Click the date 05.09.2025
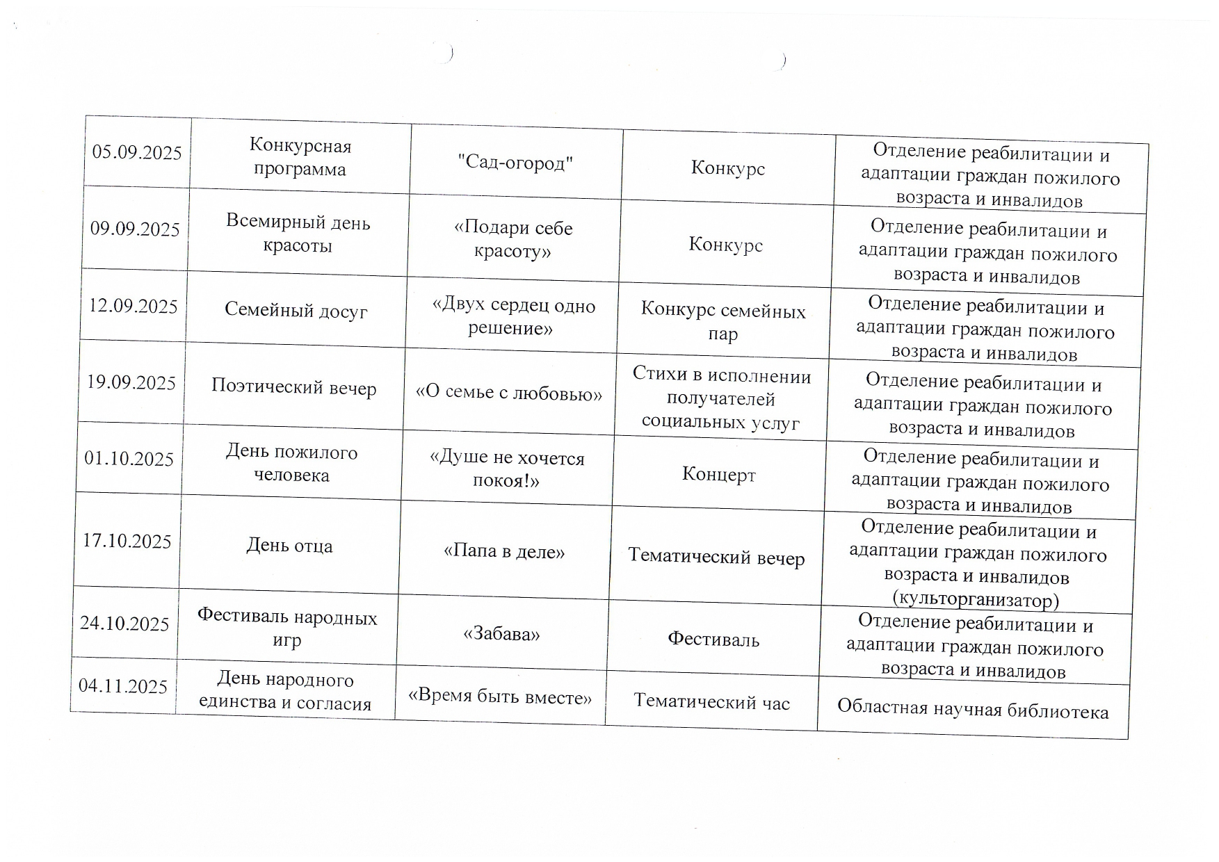click(137, 153)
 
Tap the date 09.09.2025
click(135, 229)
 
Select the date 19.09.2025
click(131, 383)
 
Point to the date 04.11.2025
click(123, 687)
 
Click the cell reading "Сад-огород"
click(515, 163)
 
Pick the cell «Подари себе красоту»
click(513, 239)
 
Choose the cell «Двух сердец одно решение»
click(512, 316)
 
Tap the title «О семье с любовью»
click(509, 393)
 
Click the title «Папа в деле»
click(504, 552)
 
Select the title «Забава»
click(501, 634)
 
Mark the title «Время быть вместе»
click(500, 697)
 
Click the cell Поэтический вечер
click(293, 387)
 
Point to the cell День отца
click(289, 546)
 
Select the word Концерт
click(718, 475)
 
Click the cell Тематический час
click(712, 703)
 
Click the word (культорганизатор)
click(975, 599)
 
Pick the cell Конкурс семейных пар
click(723, 321)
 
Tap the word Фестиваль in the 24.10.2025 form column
click(713, 640)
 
